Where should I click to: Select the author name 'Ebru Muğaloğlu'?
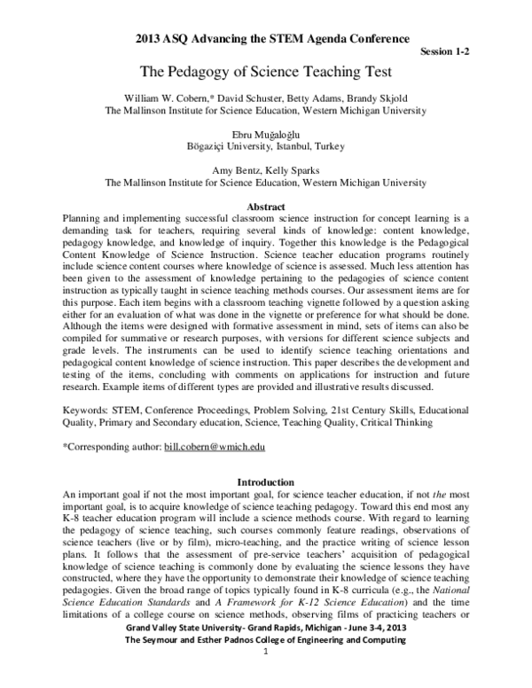click(x=266, y=131)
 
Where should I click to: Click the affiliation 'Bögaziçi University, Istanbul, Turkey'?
click(x=266, y=145)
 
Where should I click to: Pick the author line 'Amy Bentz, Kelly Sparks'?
click(x=266, y=169)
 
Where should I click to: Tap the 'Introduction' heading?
click(x=266, y=481)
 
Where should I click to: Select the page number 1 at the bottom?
click(x=266, y=677)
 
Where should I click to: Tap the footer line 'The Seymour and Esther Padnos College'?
click(x=266, y=664)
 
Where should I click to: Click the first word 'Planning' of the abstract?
click(x=86, y=218)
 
